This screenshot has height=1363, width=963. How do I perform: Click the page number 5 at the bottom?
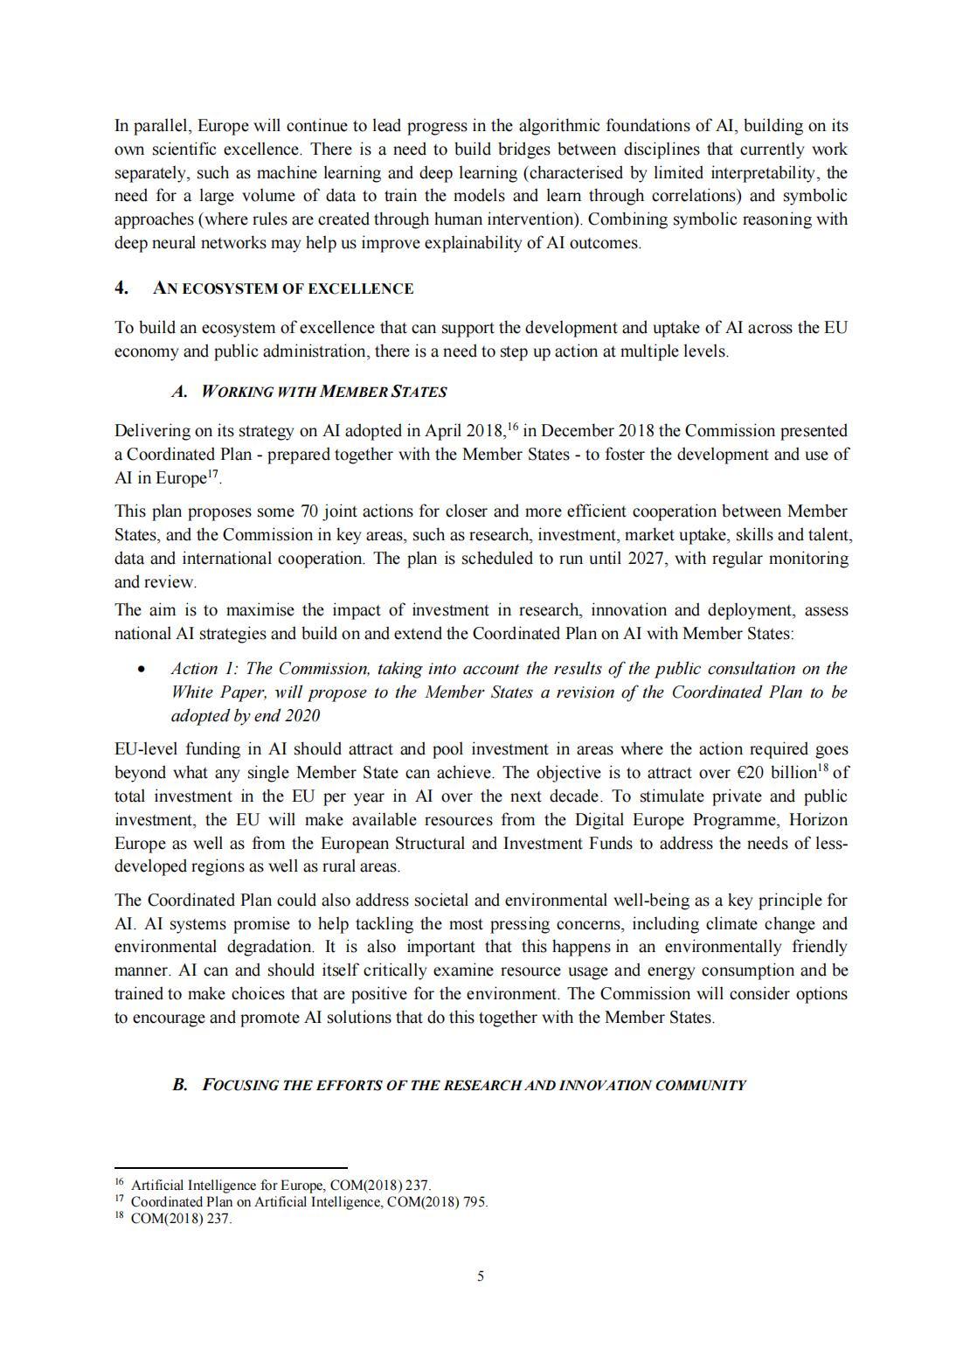pos(481,1276)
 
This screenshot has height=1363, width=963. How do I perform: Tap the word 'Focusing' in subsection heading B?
pos(240,1085)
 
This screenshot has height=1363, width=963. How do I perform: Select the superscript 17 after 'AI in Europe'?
pos(212,474)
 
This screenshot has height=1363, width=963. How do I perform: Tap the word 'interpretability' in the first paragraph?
pos(759,173)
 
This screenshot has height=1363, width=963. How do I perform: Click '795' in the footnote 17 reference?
pos(475,1202)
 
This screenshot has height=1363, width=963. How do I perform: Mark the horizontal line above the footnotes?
pos(231,1167)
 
